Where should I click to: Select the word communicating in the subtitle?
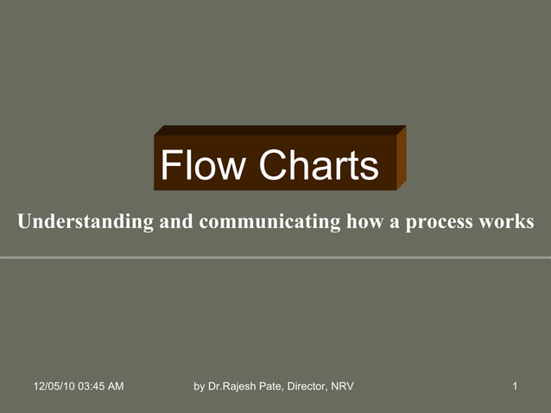tap(269, 222)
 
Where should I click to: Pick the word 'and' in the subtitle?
tap(176, 222)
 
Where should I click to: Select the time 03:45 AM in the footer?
tap(102, 385)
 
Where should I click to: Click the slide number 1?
tap(515, 385)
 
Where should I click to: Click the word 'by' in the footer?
tap(199, 385)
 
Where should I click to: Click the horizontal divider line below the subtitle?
tap(275, 257)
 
